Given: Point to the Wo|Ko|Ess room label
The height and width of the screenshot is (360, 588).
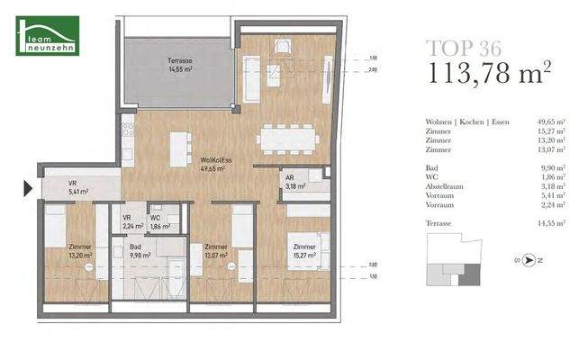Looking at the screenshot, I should point(218,162).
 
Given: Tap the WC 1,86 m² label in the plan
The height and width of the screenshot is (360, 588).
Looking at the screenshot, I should point(158,221).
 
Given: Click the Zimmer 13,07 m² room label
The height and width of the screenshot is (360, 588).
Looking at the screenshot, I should point(217,251).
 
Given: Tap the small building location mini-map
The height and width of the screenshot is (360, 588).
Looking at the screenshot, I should point(457,259).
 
